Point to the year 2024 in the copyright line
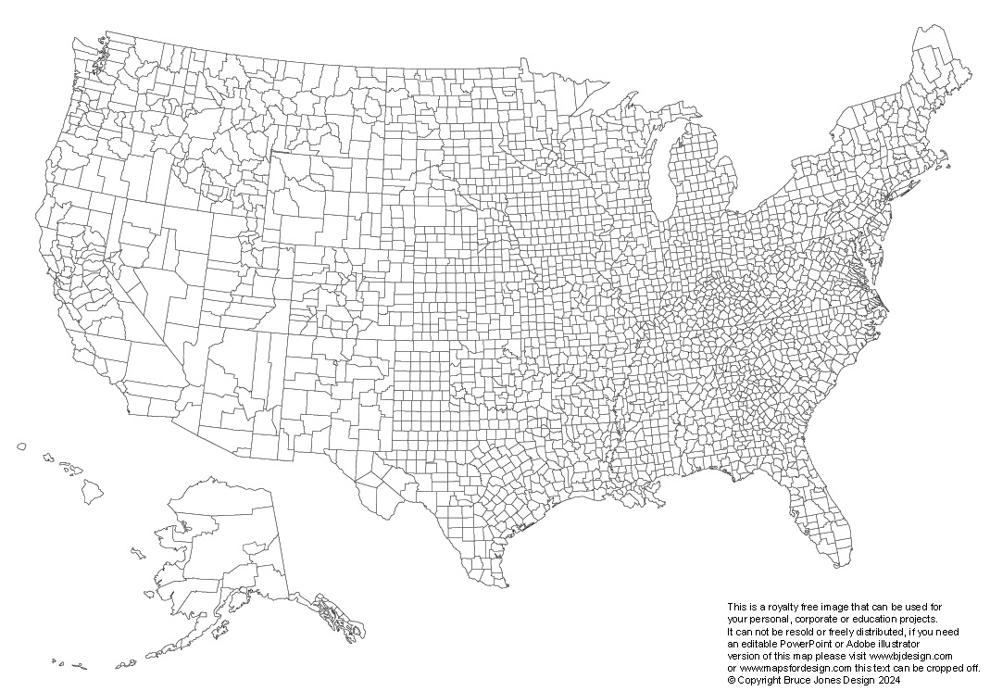point(889,679)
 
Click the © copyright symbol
point(731,679)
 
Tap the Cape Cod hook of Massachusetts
point(946,167)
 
